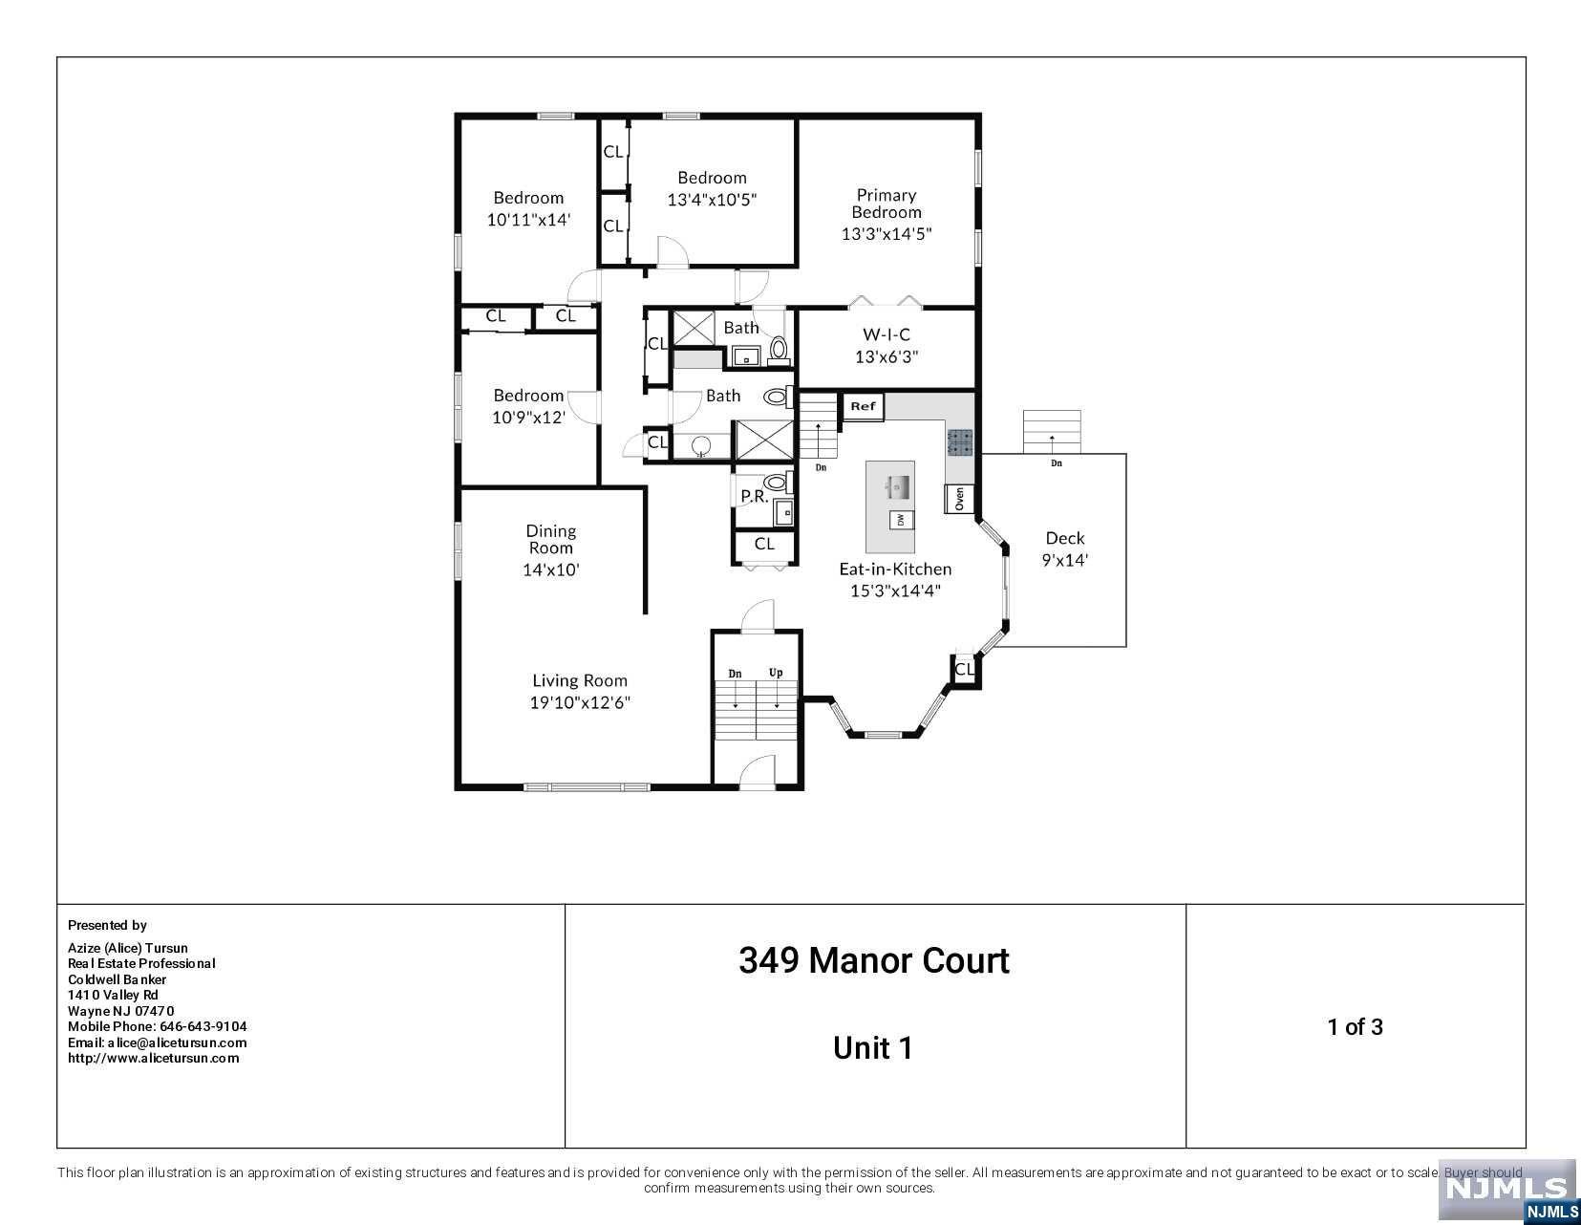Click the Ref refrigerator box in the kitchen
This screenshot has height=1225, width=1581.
click(863, 407)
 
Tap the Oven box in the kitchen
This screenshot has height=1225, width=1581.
click(959, 499)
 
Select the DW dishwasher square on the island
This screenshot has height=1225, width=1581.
click(901, 520)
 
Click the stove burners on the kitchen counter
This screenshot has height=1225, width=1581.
click(959, 442)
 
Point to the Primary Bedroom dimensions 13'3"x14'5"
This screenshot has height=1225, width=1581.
click(887, 234)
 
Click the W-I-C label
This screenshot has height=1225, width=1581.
click(887, 334)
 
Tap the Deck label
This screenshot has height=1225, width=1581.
click(1064, 538)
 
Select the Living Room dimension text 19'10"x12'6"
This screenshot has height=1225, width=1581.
click(579, 702)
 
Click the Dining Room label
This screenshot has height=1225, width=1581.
click(551, 539)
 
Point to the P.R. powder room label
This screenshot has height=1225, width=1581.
click(754, 496)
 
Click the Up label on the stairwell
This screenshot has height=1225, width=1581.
click(776, 673)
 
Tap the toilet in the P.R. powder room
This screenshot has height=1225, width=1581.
click(778, 482)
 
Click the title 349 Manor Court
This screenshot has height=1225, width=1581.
click(874, 961)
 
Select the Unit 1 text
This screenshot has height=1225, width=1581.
click(872, 1048)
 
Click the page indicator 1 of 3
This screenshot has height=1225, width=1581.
click(1355, 1027)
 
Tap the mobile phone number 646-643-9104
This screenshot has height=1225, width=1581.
click(203, 1027)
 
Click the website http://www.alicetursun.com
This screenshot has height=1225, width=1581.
click(154, 1059)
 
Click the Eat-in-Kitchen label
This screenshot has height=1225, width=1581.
click(895, 570)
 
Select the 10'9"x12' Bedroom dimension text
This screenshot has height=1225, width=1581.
click(528, 418)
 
